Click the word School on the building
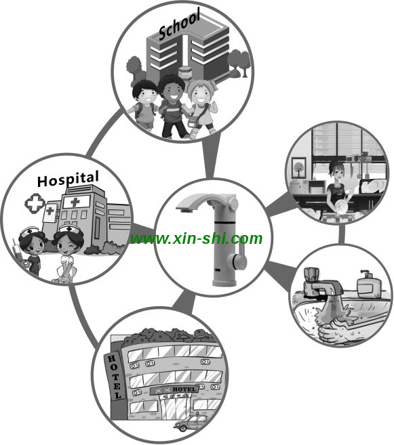tap(179, 24)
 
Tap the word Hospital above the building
tap(68, 179)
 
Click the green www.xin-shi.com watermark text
tap(196, 238)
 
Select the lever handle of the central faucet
tap(240, 257)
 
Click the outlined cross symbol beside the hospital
tap(35, 203)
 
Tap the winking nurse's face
tap(68, 245)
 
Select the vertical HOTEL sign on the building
tap(115, 377)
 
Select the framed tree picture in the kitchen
tap(298, 168)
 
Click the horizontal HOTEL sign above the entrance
tap(174, 390)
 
